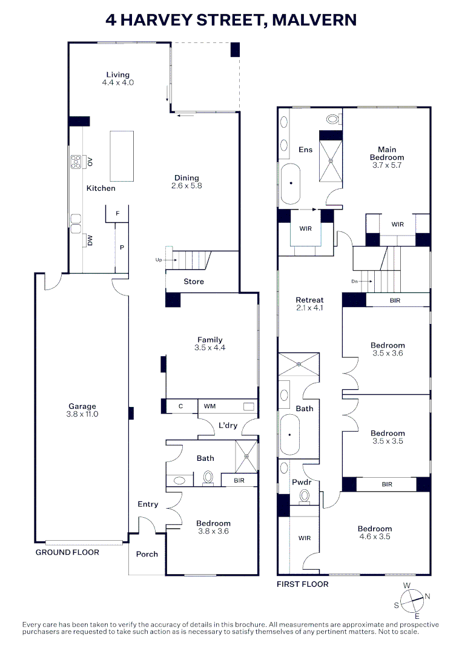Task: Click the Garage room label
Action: coord(82,406)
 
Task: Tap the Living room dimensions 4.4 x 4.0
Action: coord(118,82)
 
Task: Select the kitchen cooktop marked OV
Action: coord(76,162)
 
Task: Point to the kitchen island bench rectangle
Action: coord(122,156)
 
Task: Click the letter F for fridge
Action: coord(117,214)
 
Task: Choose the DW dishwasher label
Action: coord(90,240)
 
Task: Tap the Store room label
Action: coord(194,282)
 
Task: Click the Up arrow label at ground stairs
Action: coord(159,260)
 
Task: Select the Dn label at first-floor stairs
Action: coord(354,282)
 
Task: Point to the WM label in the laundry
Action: coord(210,406)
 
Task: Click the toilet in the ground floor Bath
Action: coord(208,478)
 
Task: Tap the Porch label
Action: coord(147,554)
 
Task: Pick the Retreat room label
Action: coord(309,300)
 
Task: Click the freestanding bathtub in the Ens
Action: coord(291,183)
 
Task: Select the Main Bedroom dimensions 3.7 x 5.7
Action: coord(387,165)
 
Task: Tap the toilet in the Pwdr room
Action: coord(305,497)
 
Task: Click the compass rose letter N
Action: coord(427,596)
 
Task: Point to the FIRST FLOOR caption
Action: coord(303,584)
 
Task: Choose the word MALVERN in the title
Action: coord(314,19)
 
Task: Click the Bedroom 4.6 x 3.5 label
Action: coord(375,533)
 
